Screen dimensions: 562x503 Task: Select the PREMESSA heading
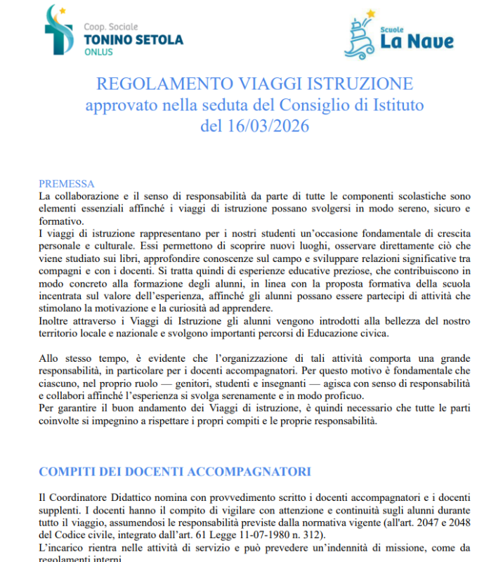pos(67,183)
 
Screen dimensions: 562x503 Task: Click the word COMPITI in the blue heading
pos(70,471)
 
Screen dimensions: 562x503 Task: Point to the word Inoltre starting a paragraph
pos(55,320)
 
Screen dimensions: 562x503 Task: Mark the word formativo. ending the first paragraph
pos(60,220)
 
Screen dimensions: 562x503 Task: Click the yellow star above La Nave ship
pos(371,14)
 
